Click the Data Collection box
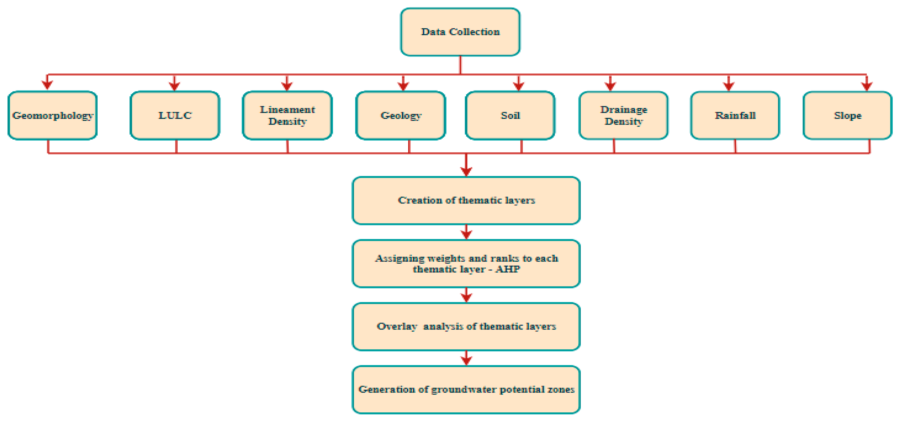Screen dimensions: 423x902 [x=460, y=32]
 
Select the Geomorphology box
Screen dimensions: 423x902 [x=52, y=115]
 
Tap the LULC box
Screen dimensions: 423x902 [x=175, y=115]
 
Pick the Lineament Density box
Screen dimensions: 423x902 [x=287, y=115]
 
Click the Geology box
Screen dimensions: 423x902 [x=401, y=115]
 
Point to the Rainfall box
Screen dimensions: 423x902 [x=735, y=115]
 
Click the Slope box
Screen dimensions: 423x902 [x=847, y=115]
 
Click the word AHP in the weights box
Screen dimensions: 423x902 [x=508, y=269]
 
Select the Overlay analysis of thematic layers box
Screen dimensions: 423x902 [x=466, y=326]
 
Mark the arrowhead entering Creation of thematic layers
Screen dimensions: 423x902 [x=466, y=171]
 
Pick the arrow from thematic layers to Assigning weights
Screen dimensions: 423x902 [x=466, y=233]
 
